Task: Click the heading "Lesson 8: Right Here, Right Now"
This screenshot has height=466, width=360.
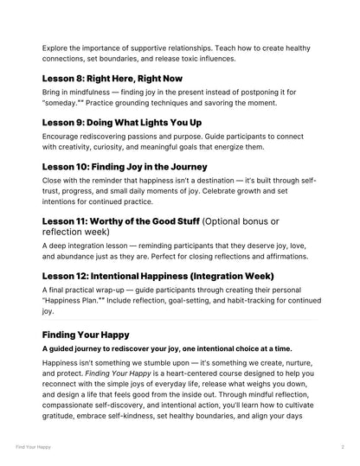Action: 112,77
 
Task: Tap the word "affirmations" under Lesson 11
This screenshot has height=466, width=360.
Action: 285,260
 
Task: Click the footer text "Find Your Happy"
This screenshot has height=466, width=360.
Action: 32,448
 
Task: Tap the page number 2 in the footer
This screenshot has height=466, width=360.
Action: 343,448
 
